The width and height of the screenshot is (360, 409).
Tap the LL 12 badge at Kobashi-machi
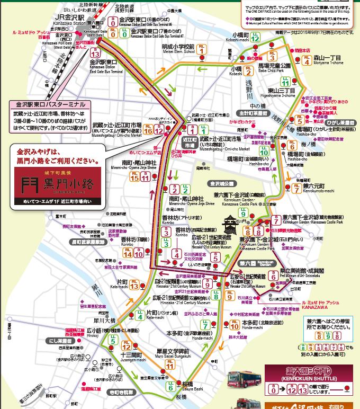[255, 37]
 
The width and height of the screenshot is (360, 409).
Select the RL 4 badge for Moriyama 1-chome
[307, 60]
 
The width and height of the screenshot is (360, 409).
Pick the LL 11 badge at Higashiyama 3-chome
[285, 82]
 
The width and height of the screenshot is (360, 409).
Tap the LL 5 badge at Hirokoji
[113, 341]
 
